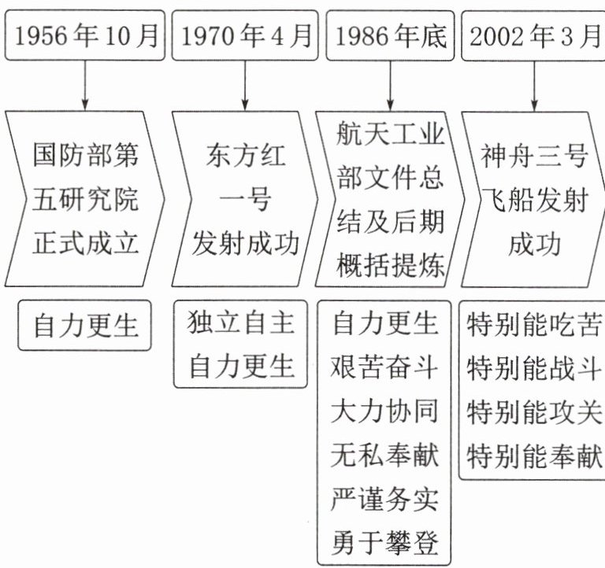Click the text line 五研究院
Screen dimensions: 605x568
pyautogui.click(x=86, y=199)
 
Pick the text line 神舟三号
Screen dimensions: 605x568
pyautogui.click(x=534, y=156)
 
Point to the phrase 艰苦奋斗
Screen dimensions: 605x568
pyautogui.click(x=385, y=367)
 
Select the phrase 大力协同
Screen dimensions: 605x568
pyautogui.click(x=385, y=411)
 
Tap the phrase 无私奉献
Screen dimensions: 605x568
pyautogui.click(x=385, y=455)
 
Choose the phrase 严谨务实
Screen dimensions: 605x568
pyautogui.click(x=385, y=499)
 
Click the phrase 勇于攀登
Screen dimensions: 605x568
pyautogui.click(x=385, y=543)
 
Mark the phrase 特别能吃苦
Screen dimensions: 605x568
pyautogui.click(x=534, y=324)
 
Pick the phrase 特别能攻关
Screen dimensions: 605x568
pyautogui.click(x=534, y=411)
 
